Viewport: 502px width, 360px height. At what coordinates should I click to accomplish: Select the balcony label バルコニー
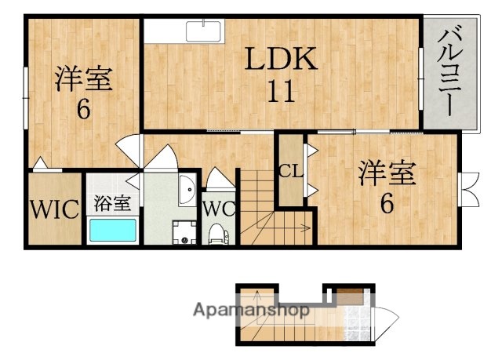449,71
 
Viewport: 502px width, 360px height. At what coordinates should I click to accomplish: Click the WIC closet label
54,209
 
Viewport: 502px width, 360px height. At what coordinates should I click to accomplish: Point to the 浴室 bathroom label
113,203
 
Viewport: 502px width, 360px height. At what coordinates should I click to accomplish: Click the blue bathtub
113,231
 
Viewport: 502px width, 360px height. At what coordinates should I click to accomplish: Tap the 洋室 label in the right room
387,173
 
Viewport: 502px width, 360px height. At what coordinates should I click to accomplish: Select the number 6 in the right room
386,204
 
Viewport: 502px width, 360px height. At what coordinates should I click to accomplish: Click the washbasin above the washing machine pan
187,191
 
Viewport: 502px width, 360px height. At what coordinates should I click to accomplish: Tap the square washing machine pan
185,231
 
